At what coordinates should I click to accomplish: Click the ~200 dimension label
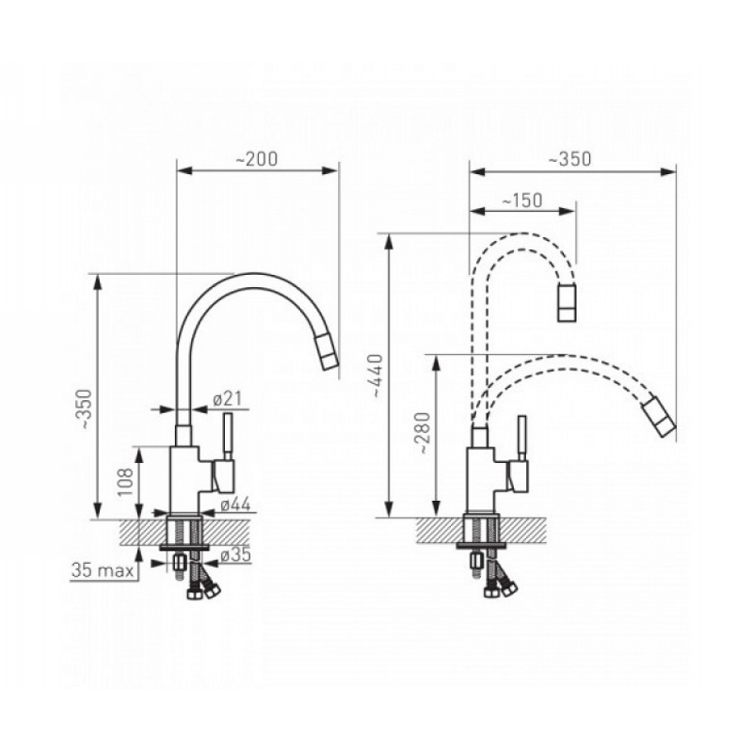[257, 159]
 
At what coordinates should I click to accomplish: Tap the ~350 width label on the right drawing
[570, 159]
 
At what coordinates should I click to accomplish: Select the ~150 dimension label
[522, 200]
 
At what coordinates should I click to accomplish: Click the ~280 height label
[425, 433]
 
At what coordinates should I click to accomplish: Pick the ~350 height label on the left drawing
[85, 409]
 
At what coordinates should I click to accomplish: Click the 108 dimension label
[126, 482]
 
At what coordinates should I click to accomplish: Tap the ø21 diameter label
[228, 398]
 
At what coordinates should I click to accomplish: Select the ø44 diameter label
[236, 505]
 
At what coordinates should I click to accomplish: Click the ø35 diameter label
[236, 555]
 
